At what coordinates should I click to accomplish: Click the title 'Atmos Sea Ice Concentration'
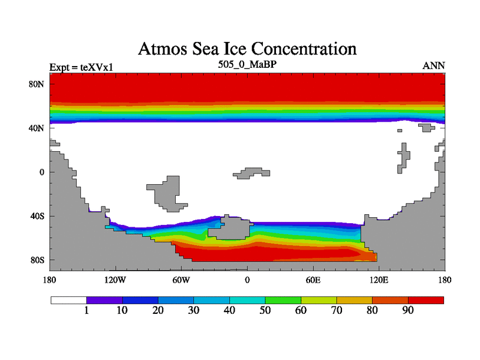[x=247, y=49]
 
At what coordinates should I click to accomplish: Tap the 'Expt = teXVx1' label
[x=81, y=67]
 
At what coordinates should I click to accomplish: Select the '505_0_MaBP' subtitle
[x=247, y=64]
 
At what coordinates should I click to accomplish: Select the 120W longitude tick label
[x=115, y=280]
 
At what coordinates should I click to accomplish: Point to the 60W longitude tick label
[x=181, y=280]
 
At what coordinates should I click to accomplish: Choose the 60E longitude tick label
[x=313, y=280]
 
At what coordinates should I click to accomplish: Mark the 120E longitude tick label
[x=379, y=280]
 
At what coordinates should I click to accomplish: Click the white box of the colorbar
[x=69, y=299]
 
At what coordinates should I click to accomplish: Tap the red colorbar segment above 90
[x=426, y=299]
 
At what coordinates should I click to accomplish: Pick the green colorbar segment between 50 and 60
[x=283, y=299]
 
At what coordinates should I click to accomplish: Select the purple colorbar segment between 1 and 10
[x=105, y=299]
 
